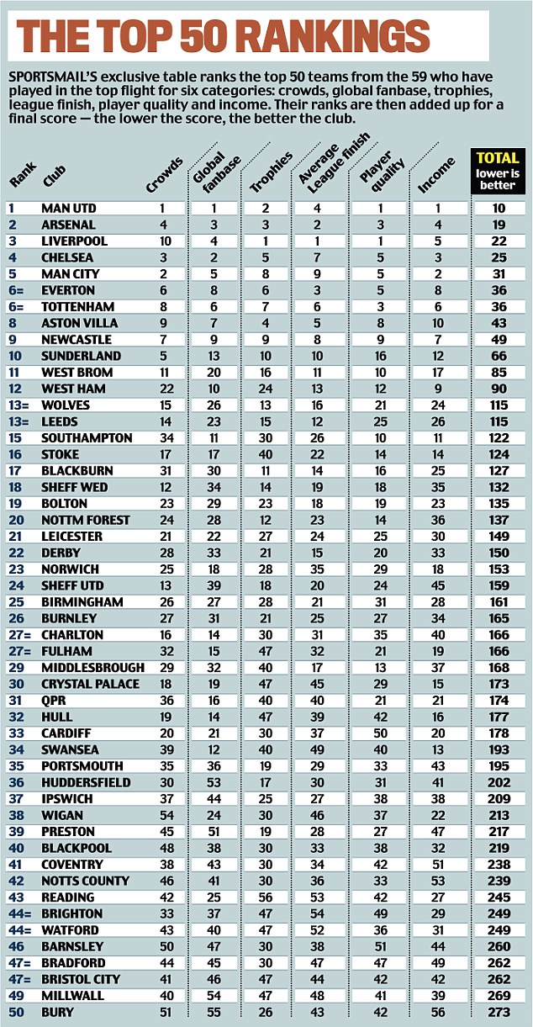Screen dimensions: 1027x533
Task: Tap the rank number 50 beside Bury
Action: coord(15,1012)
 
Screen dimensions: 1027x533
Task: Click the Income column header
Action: coord(438,174)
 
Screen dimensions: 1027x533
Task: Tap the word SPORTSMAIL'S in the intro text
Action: coord(50,77)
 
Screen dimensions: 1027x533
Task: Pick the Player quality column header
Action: coord(376,171)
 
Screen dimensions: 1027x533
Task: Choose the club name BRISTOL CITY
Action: coord(81,979)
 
